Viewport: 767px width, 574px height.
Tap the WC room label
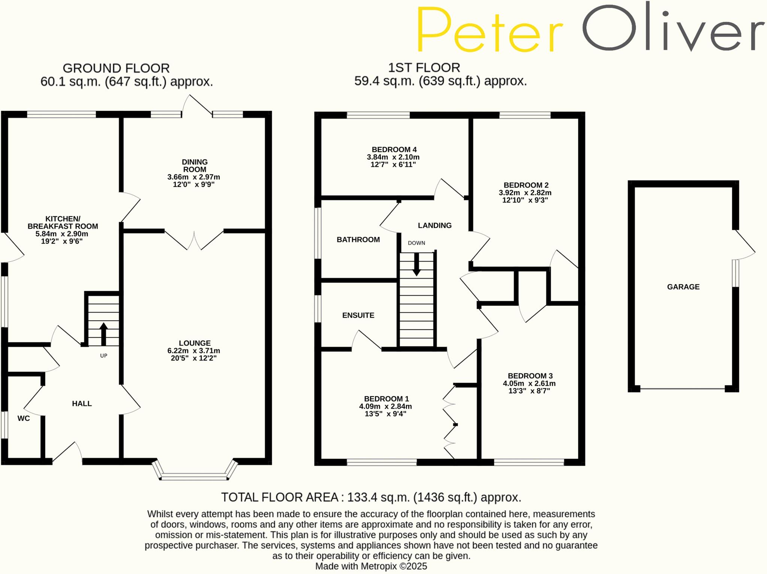[x=24, y=418]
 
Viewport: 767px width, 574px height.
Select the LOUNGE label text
[x=194, y=343]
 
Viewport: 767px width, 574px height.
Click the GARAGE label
[x=683, y=287]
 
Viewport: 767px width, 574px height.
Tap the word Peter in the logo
[x=489, y=30]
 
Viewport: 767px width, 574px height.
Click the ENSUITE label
[x=358, y=315]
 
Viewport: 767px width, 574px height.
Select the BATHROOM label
[x=358, y=240]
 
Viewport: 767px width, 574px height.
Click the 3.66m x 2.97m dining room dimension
[x=194, y=177]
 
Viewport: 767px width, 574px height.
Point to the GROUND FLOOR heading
[x=116, y=68]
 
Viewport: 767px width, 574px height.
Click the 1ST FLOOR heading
[x=424, y=68]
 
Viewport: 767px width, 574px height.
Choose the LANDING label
[x=434, y=225]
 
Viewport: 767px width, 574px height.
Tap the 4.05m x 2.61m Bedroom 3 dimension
[x=529, y=383]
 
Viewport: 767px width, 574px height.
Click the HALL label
[x=82, y=404]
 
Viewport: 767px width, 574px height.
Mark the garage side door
[x=745, y=244]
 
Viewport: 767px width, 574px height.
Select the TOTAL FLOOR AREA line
[x=371, y=497]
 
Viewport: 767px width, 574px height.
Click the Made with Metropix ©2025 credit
[x=371, y=566]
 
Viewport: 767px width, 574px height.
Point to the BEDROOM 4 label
[x=394, y=149]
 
